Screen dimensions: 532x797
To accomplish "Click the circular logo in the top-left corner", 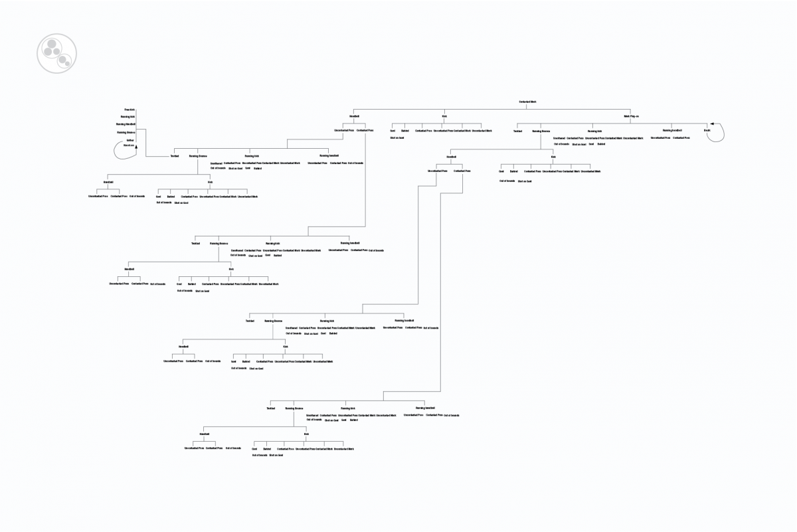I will point(56,52).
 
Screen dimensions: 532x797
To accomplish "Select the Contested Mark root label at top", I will point(527,102).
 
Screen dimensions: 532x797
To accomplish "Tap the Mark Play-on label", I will point(631,116).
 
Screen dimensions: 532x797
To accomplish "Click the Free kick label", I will point(129,109).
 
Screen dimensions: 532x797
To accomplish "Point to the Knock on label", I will point(129,145).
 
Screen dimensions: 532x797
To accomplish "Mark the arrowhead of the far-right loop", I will point(711,124).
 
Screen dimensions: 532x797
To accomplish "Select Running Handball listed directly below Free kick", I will point(126,124).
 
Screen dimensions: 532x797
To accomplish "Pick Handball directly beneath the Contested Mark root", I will point(354,116).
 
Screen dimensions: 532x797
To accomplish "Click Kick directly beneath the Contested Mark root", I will point(444,116).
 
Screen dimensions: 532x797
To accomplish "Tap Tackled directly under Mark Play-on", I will point(517,131).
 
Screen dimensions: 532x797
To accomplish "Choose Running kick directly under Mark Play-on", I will point(594,131).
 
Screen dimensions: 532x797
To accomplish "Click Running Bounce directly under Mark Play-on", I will point(541,131).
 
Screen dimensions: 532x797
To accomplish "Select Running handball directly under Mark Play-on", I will point(672,130).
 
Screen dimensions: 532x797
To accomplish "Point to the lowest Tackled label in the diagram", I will point(270,408).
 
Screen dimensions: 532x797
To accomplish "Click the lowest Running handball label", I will point(425,408).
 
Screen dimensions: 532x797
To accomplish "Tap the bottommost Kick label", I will point(306,434).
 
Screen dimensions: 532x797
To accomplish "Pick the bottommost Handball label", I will point(204,434).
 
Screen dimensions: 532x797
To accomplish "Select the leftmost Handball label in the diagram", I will point(108,182).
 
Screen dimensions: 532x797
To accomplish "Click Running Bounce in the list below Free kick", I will point(126,132).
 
